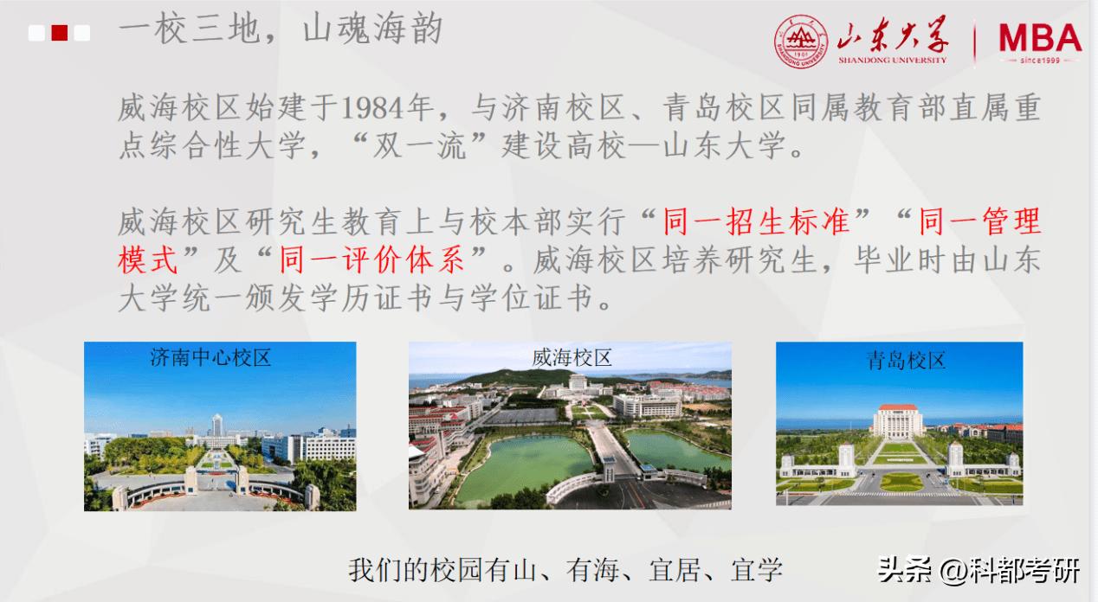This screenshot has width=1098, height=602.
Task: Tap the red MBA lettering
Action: [1038, 38]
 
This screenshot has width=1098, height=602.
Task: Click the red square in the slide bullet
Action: [60, 33]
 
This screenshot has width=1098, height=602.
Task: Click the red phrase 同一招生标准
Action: [757, 222]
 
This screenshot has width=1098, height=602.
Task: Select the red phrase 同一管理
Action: [979, 222]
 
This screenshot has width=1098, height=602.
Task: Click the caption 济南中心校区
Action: [210, 356]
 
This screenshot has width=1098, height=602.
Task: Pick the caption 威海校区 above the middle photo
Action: [572, 357]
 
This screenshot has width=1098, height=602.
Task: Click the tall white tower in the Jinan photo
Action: [216, 426]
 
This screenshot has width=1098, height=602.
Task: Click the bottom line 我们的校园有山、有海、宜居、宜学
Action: [565, 570]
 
